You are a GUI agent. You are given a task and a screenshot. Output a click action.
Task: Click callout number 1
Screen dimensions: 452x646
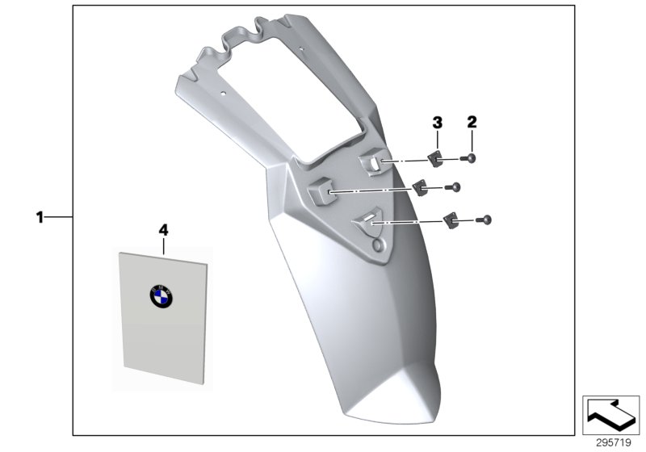click(x=38, y=217)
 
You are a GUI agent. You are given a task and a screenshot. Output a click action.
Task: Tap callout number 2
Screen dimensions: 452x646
click(x=472, y=123)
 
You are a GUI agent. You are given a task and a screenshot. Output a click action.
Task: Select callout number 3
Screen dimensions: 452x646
click(x=437, y=123)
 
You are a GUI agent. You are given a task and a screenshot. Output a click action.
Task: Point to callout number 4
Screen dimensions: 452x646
click(x=163, y=230)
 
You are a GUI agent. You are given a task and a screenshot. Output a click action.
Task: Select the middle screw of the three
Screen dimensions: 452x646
click(x=456, y=187)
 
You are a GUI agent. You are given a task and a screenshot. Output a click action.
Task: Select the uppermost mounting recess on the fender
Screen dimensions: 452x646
click(x=371, y=163)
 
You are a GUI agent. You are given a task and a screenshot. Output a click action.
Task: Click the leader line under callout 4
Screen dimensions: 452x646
click(x=163, y=244)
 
